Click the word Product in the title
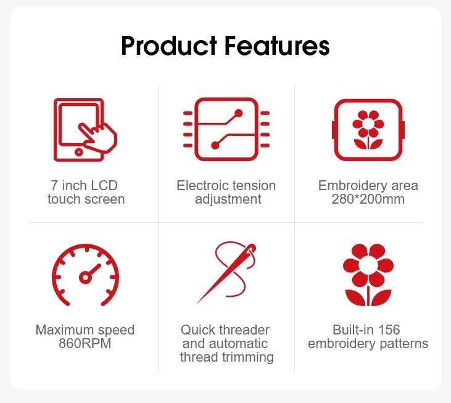pyautogui.click(x=169, y=46)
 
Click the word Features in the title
pyautogui.click(x=277, y=46)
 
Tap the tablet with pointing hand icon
pyautogui.click(x=85, y=130)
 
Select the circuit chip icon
pyautogui.click(x=226, y=129)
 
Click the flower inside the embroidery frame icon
pyautogui.click(x=368, y=130)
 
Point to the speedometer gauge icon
pyautogui.click(x=85, y=275)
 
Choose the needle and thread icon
pyautogui.click(x=226, y=272)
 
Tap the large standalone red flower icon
pyautogui.click(x=368, y=275)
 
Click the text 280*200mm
pyautogui.click(x=368, y=199)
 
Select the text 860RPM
pyautogui.click(x=85, y=344)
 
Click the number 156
pyautogui.click(x=389, y=330)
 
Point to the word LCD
pyautogui.click(x=104, y=186)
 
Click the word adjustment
pyautogui.click(x=228, y=199)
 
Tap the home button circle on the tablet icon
pyautogui.click(x=78, y=152)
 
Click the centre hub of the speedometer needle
pyautogui.click(x=85, y=277)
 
